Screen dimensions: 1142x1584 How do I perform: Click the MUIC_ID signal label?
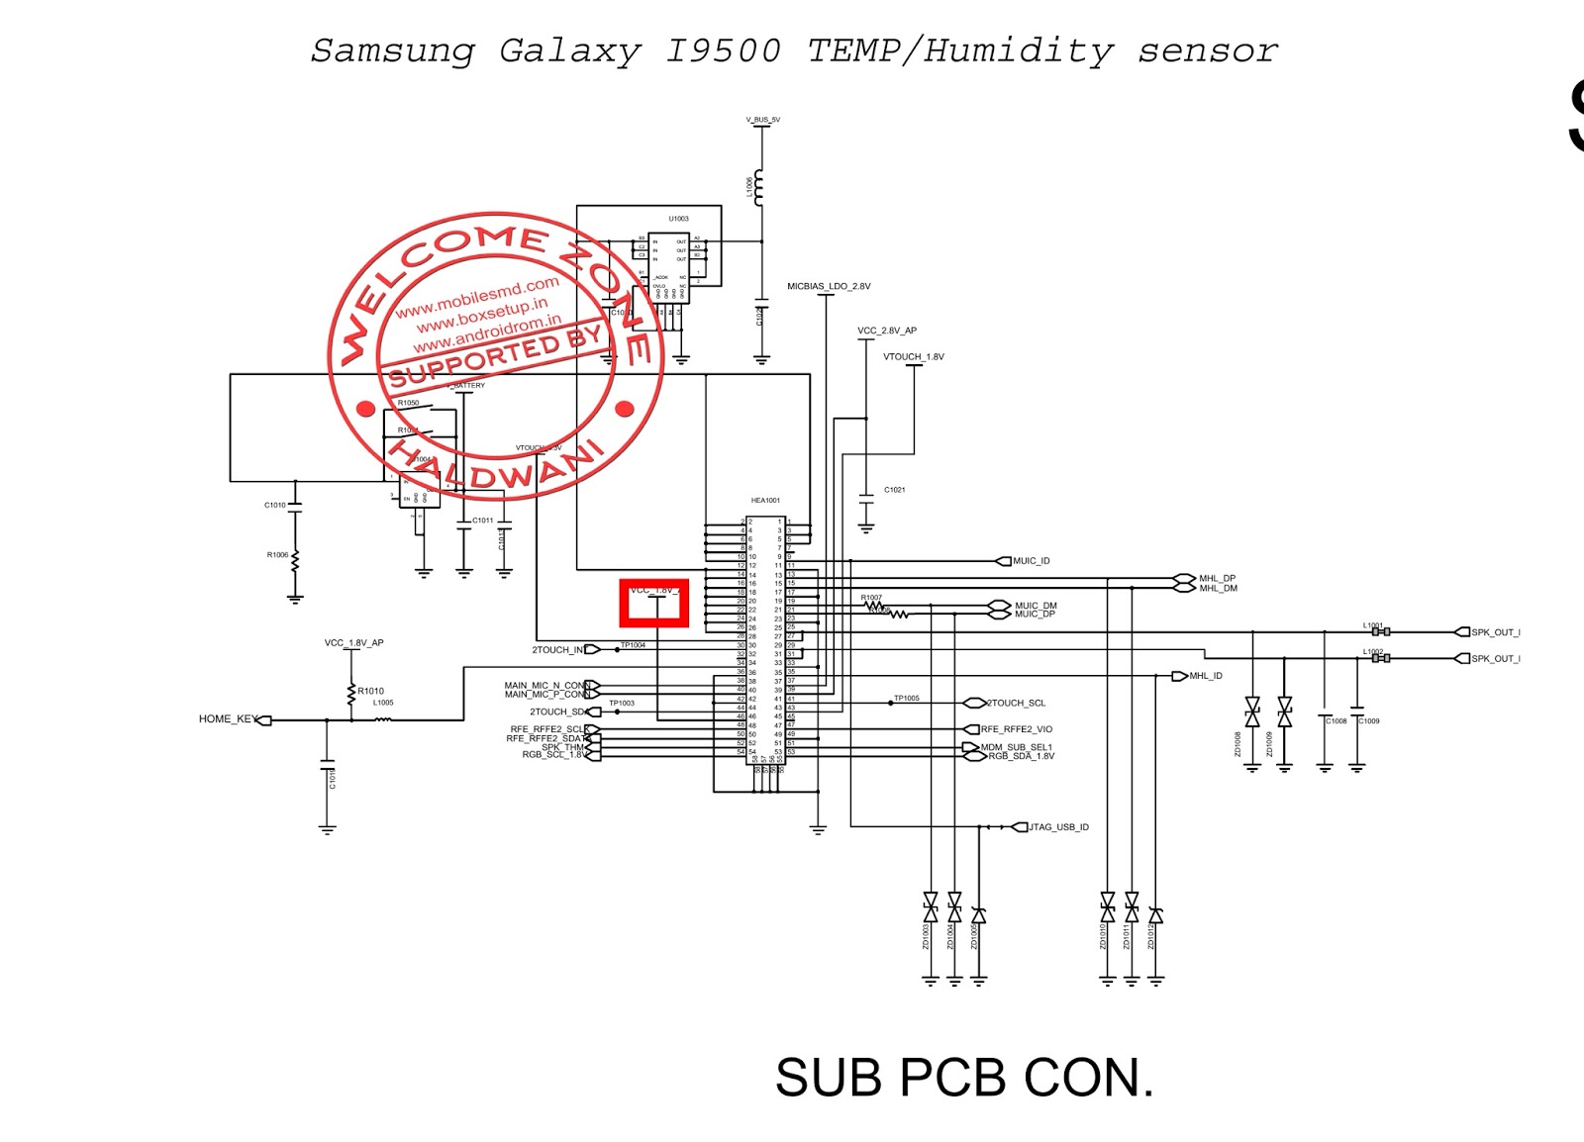1031,561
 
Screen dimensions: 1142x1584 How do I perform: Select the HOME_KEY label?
228,719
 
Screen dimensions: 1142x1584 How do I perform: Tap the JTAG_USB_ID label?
1058,827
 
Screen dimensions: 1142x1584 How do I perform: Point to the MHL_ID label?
1206,676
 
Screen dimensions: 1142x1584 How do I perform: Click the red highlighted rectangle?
653,604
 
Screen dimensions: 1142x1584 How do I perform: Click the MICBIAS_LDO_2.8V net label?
829,287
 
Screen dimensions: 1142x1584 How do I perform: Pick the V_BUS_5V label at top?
762,120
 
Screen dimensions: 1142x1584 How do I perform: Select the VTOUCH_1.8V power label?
913,357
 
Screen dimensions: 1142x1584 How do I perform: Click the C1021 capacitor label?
894,490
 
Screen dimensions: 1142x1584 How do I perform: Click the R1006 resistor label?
277,555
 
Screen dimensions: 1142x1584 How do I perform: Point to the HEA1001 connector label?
765,501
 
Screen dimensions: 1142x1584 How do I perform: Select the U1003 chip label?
678,219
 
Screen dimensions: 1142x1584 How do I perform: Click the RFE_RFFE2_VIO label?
1016,729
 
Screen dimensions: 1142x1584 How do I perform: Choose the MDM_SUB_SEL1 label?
1016,747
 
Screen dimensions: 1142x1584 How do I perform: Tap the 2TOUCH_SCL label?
1016,704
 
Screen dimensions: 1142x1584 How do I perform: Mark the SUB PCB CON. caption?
963,1078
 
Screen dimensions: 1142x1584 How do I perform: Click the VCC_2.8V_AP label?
886,332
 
